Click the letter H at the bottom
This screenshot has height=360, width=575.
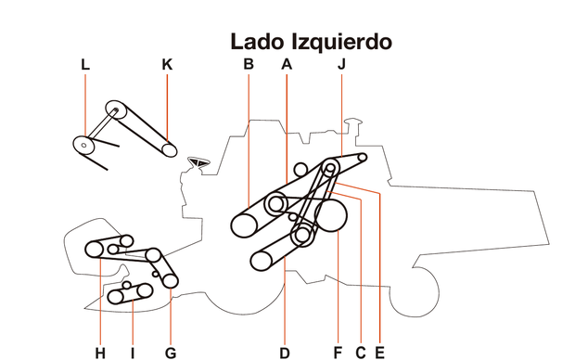coord(99,352)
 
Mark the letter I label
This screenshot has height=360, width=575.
coord(133,352)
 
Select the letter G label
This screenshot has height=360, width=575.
coord(170,352)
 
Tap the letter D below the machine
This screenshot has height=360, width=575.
coord(286,352)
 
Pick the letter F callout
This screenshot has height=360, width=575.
coord(338,352)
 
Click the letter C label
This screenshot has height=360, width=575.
coord(360,352)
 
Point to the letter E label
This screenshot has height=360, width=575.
coord(379,352)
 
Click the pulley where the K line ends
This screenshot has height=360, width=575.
coord(168,149)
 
